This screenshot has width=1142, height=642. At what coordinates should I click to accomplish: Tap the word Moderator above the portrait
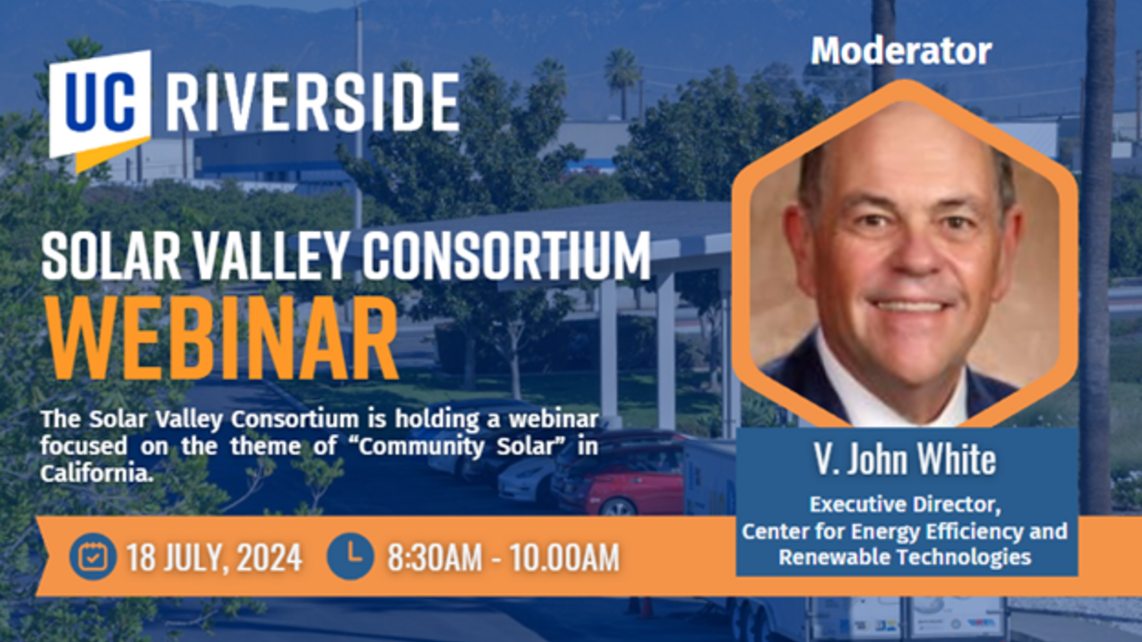point(901,51)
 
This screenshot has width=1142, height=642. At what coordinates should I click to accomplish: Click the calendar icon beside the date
point(93,556)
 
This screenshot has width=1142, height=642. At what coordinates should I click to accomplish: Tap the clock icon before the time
point(349,556)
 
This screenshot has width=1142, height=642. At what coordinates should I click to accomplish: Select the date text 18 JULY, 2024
point(214,558)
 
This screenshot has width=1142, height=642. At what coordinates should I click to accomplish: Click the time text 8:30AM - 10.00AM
point(503,558)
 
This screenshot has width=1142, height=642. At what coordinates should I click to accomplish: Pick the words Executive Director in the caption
point(905,505)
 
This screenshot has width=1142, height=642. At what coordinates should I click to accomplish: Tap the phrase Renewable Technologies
point(905,557)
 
